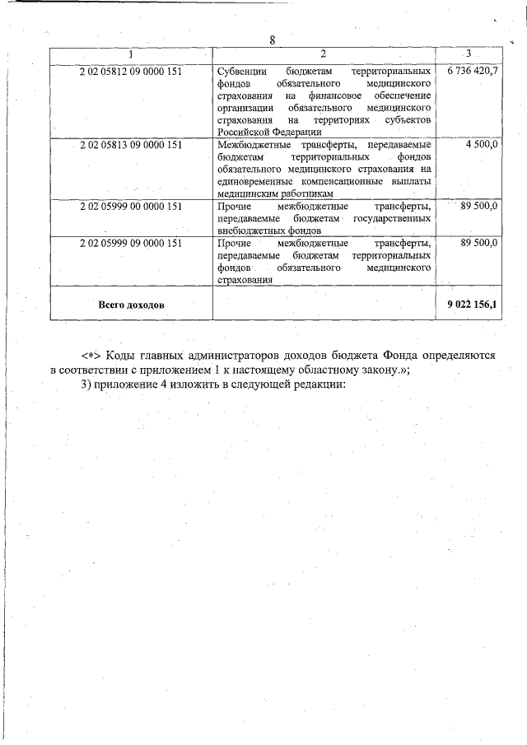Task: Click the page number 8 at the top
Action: (273, 40)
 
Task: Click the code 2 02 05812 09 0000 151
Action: (130, 72)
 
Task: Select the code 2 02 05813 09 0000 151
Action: (130, 145)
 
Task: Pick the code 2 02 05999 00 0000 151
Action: (130, 206)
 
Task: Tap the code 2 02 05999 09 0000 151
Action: (130, 244)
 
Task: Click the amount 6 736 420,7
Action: (473, 72)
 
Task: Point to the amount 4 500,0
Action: (481, 145)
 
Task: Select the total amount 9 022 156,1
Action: (473, 305)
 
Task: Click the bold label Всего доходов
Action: (131, 305)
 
